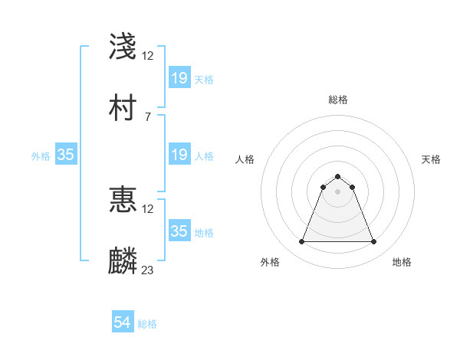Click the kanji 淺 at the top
pos(123,46)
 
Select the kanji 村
pos(123,110)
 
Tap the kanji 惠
pos(123,199)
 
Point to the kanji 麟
pos(123,260)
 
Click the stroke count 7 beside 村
pos(147,116)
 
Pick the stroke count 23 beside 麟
pos(148,270)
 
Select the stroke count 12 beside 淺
pos(148,55)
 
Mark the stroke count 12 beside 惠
pos(148,208)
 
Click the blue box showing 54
pos(123,323)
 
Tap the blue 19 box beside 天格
pos(179,78)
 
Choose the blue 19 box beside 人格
pos(179,155)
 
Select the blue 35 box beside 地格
pos(179,231)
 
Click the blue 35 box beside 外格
pos(66,155)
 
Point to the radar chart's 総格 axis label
pos(337,100)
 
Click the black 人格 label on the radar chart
pos(245,159)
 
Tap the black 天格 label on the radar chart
pos(431,159)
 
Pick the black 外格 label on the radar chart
pos(270,262)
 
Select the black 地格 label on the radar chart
pos(402,262)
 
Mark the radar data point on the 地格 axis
pos(373,242)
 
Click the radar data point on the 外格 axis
pos(301,242)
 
